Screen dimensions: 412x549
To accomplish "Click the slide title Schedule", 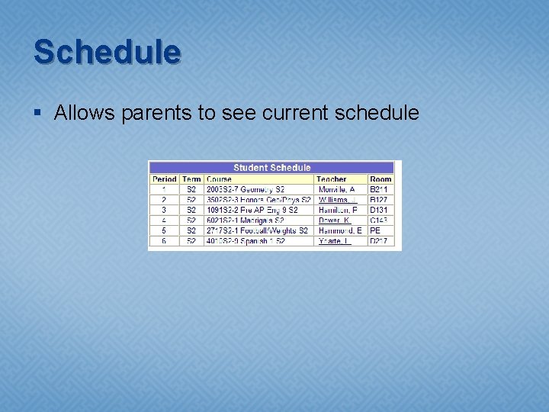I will pyautogui.click(x=107, y=53).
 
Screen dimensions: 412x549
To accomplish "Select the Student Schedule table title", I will pyautogui.click(x=271, y=168).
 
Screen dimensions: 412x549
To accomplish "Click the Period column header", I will pyautogui.click(x=164, y=179).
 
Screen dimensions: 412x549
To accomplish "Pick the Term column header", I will pyautogui.click(x=191, y=179).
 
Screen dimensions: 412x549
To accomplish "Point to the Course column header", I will pyautogui.click(x=219, y=179).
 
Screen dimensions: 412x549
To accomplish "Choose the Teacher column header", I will pyautogui.click(x=332, y=179).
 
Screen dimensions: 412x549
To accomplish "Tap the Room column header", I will pyautogui.click(x=380, y=179).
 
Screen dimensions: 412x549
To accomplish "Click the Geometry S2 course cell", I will pyautogui.click(x=246, y=189).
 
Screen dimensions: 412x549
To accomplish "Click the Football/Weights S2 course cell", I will pyautogui.click(x=257, y=230).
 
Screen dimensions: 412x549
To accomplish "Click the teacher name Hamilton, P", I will pyautogui.click(x=338, y=210).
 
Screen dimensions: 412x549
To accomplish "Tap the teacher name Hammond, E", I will pyautogui.click(x=340, y=230).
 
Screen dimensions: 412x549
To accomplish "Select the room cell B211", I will pyautogui.click(x=379, y=189).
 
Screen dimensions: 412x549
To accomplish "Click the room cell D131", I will pyautogui.click(x=379, y=210).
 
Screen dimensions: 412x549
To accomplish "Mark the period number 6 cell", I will pyautogui.click(x=164, y=241).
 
